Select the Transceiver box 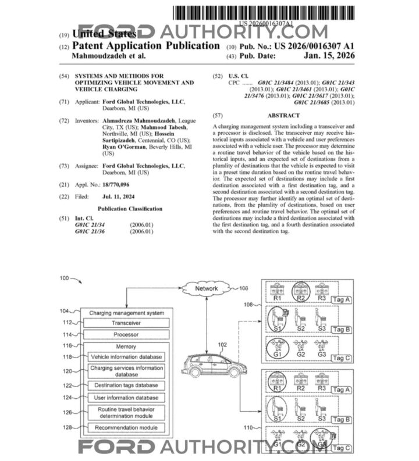point(126,323)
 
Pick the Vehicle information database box point(126,356)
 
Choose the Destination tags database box point(126,385)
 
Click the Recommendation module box point(126,428)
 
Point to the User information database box point(126,398)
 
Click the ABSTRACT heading point(283,115)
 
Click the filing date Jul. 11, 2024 point(130,196)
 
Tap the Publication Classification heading point(130,209)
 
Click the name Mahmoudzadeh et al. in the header point(108,56)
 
